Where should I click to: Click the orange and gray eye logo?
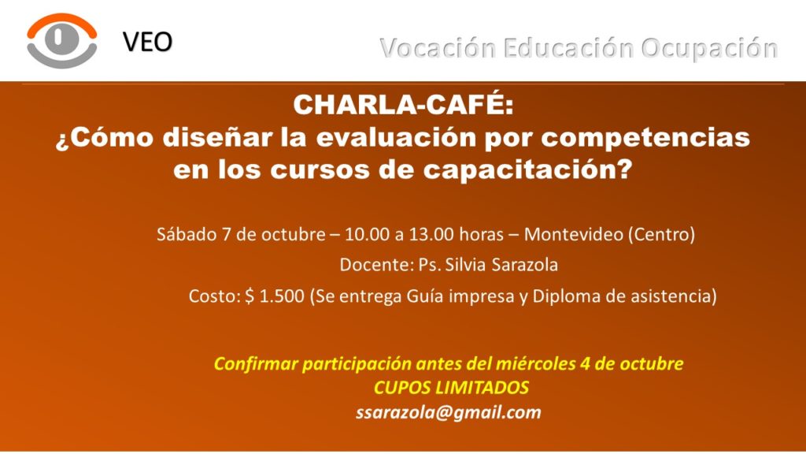pos(62,41)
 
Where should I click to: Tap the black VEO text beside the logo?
pos(147,43)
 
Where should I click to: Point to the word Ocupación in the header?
pos(709,49)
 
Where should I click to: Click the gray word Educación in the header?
pos(568,48)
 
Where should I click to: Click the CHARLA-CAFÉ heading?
pos(404,105)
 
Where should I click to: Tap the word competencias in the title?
pos(645,138)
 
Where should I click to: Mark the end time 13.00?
pos(431,235)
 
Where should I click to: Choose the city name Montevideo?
pos(573,235)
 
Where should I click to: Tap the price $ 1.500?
pos(275,296)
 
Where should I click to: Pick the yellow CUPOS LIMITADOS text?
pos(451,388)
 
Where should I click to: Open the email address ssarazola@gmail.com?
pos(448,412)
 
